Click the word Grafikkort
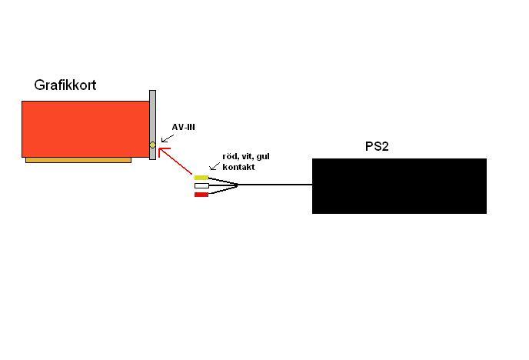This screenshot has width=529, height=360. point(65,85)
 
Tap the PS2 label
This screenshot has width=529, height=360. point(377,146)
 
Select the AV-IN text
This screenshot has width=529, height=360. point(183,128)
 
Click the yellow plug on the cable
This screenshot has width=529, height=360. point(201,178)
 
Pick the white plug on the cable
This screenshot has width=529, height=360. point(201,185)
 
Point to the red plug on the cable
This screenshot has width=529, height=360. point(201,195)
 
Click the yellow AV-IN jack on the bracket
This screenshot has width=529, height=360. point(152,145)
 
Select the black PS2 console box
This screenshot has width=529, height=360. point(399,185)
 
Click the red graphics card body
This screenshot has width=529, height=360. point(85,128)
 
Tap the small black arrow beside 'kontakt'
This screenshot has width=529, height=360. point(214,165)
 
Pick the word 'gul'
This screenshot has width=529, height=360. point(261,157)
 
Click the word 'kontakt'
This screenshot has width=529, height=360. point(238,167)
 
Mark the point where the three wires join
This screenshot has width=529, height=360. point(237,185)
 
